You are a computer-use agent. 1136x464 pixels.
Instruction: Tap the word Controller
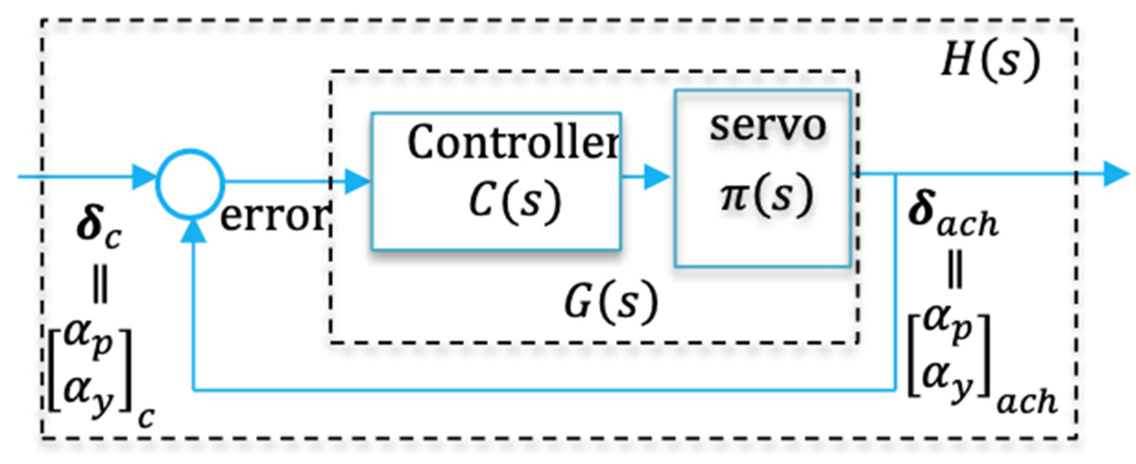pos(512,142)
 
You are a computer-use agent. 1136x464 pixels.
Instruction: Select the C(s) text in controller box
pos(514,200)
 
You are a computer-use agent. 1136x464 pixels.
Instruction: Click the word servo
pos(767,126)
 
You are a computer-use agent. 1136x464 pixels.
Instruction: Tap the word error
pos(274,217)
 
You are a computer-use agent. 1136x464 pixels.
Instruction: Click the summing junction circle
pos(190,182)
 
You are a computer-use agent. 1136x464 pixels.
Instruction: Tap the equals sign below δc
pos(100,287)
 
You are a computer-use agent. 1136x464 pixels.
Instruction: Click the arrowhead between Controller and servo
pos(656,177)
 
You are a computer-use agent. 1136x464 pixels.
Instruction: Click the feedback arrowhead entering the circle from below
pos(193,230)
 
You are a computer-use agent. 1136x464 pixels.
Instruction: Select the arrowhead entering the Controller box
pos(357,181)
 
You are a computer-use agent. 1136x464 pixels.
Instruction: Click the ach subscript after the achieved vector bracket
pos(1026,403)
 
